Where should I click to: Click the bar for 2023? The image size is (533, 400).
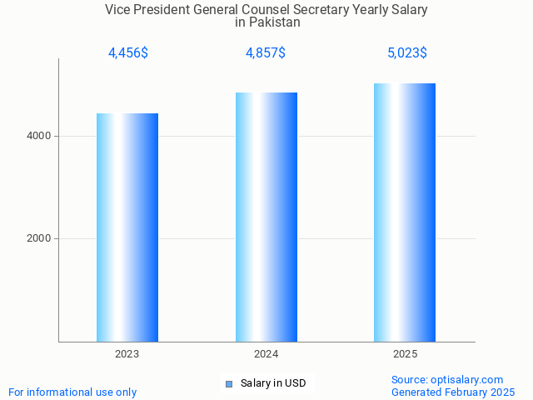[127, 227]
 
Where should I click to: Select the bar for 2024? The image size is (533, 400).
[266, 217]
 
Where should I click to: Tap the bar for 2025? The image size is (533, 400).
[405, 212]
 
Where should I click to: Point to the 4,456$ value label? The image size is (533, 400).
[127, 53]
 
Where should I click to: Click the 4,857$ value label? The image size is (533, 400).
[266, 53]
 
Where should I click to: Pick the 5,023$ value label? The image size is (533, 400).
[407, 53]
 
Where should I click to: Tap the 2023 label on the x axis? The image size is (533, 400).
[127, 354]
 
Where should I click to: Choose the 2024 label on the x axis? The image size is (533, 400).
[266, 354]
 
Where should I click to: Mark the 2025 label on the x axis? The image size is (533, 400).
[406, 354]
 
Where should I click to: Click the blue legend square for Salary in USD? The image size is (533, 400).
[229, 383]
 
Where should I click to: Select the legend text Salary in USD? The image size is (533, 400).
[273, 383]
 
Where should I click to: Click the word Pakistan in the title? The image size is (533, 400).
[274, 22]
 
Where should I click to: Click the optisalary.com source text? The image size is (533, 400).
[447, 379]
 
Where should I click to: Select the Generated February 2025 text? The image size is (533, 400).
[453, 392]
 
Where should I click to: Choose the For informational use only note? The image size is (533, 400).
[72, 392]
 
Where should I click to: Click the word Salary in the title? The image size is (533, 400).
[408, 10]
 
